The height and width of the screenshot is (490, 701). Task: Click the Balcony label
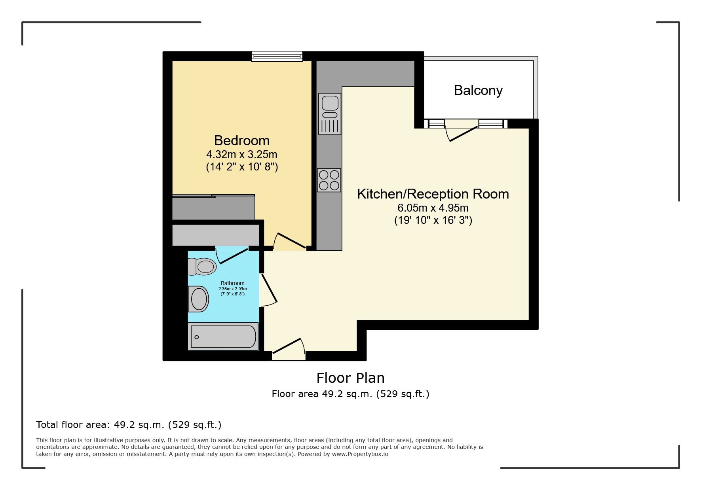tap(478, 91)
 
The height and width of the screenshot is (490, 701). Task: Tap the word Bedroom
tap(242, 140)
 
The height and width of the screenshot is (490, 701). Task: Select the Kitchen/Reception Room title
tap(433, 194)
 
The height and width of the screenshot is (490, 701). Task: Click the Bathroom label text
tap(232, 283)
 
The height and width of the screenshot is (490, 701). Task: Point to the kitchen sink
tap(330, 114)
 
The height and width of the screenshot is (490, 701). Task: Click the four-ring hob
tap(329, 180)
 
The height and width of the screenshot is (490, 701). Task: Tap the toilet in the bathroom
tap(202, 267)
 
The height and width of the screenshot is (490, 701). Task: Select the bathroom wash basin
tap(198, 299)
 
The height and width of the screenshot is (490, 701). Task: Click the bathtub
tap(223, 337)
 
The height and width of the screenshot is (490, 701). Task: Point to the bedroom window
tap(277, 57)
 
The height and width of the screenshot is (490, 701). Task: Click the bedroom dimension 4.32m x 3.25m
tap(242, 155)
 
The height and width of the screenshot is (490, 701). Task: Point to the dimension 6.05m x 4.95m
tap(433, 208)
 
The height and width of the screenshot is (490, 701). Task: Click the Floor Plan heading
tap(350, 378)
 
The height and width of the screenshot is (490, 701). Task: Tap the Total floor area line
tap(129, 425)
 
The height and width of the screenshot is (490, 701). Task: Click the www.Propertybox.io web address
tap(360, 454)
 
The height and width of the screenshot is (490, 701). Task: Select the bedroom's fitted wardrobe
tap(214, 207)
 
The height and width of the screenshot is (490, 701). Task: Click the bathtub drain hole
tap(197, 337)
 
